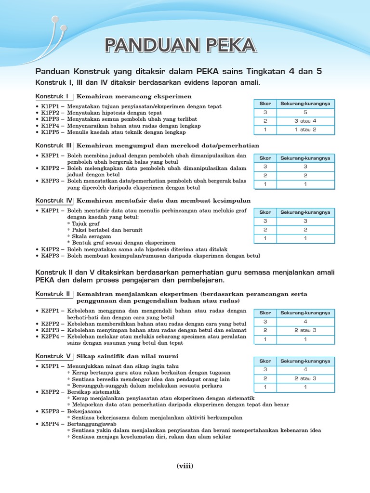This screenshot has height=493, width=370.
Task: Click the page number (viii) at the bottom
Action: pos(185,466)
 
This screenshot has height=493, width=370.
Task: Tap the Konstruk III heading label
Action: pos(53,145)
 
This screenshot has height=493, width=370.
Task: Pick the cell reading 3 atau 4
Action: pos(305,121)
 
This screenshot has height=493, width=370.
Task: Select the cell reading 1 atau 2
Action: pos(305,130)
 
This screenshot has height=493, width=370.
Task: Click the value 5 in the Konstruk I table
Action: pos(305,113)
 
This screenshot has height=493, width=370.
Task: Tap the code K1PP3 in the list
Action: pos(51,119)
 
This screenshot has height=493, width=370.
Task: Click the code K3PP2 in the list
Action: pos(51,169)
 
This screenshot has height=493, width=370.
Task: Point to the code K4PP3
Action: pos(51,256)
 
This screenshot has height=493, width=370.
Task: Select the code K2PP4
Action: pos(51,337)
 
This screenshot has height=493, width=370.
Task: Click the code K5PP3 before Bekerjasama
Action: pos(51,412)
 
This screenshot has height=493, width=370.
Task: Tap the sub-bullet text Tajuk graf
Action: pos(83,224)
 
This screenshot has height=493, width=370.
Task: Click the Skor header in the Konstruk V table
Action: pos(265,361)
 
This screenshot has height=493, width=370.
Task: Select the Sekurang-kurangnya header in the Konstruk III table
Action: pos(305,158)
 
